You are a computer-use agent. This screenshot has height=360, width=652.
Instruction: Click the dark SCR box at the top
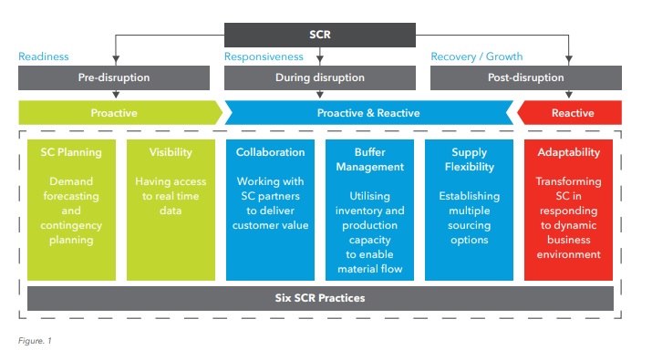coord(320,35)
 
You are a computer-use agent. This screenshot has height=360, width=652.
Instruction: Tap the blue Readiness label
coord(44,57)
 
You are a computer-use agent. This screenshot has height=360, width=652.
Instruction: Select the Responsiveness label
coord(264,57)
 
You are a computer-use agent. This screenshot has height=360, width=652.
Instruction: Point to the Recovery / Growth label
coord(477,57)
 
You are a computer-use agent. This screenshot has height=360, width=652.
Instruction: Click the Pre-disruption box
coord(114,77)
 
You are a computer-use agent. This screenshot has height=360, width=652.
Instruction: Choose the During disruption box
coord(320,77)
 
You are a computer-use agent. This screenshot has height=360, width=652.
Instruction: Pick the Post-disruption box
coord(526,77)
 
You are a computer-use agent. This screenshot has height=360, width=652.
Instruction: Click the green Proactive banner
coord(120,113)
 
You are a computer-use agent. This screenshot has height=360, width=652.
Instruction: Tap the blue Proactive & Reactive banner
coord(368,113)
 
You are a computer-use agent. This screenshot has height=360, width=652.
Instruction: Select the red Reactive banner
coord(570,113)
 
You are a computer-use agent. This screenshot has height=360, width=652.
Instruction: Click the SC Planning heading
coord(71,152)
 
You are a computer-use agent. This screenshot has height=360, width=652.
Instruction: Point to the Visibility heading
coord(171,152)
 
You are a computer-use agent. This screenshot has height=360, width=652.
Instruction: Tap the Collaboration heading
coord(270,152)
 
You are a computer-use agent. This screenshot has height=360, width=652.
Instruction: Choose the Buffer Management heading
coord(369,159)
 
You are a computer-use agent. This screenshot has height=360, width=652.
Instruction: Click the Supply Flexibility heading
coord(470,159)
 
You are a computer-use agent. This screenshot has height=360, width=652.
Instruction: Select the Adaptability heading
coord(568,152)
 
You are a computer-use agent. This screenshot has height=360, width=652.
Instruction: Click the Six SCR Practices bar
coord(320,298)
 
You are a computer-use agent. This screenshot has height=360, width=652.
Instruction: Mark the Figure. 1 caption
coord(35,341)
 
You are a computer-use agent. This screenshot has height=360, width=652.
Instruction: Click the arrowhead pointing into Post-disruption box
coord(569,60)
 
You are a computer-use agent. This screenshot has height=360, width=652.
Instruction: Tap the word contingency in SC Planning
coord(71,226)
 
